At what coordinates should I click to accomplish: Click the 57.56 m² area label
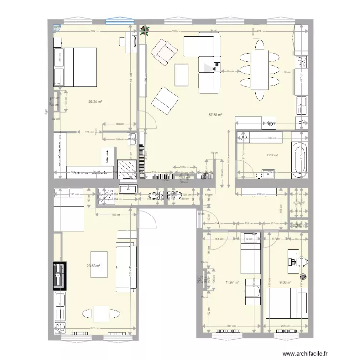click(x=215, y=115)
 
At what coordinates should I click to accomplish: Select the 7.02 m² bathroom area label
click(x=273, y=156)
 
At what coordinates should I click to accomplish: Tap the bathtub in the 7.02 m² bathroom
click(x=299, y=158)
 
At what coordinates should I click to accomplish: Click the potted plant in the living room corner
click(x=144, y=30)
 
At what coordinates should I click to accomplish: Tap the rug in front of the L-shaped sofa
click(x=181, y=75)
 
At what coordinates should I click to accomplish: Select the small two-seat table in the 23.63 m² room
click(x=100, y=315)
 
